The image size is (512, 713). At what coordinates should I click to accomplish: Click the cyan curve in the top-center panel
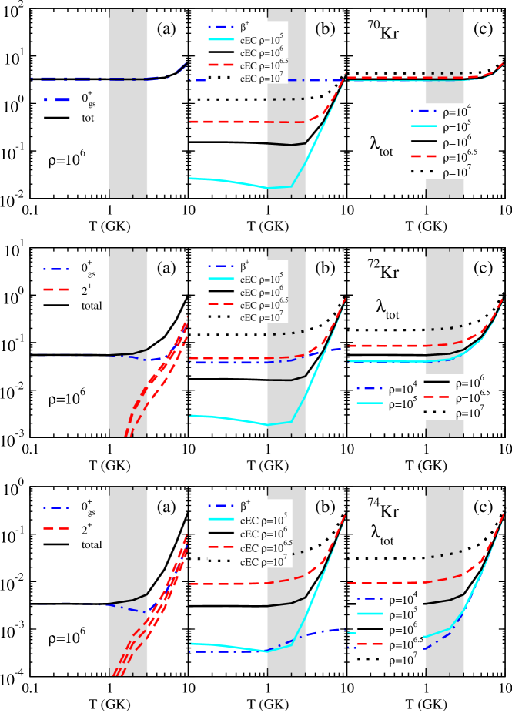point(231,182)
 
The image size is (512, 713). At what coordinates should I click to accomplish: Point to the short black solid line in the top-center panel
point(286,144)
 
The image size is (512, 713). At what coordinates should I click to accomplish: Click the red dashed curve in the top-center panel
point(231,122)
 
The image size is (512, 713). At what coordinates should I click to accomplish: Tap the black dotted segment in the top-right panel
point(447,73)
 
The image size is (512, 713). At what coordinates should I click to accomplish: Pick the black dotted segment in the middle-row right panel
point(447,328)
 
